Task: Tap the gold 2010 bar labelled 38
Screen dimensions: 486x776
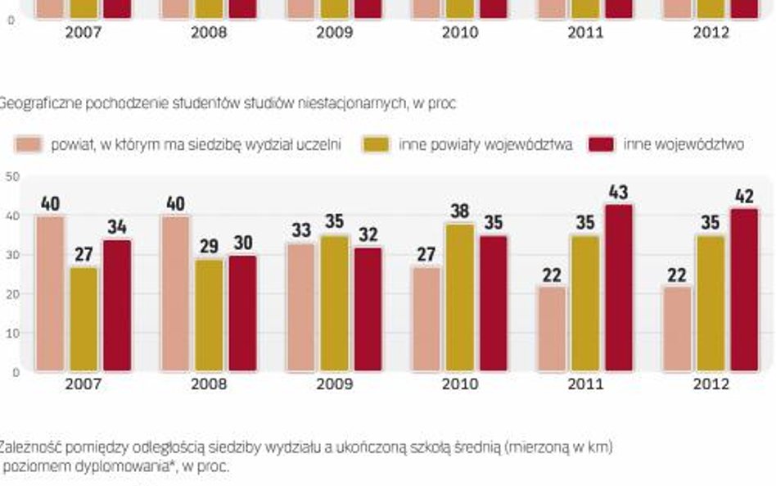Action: coord(458,297)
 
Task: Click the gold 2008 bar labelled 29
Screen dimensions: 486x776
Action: coord(208,315)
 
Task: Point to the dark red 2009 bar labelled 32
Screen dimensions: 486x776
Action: coord(368,309)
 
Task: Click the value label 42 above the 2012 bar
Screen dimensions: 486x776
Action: coord(743,198)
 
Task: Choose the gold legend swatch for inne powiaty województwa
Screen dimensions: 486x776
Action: coord(377,144)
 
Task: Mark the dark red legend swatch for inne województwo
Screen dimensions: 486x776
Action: coord(602,144)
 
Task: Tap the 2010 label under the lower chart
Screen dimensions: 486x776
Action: coord(460,384)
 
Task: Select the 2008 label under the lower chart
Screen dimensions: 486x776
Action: coord(209,384)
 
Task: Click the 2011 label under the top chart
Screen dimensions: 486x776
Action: coord(585,33)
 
